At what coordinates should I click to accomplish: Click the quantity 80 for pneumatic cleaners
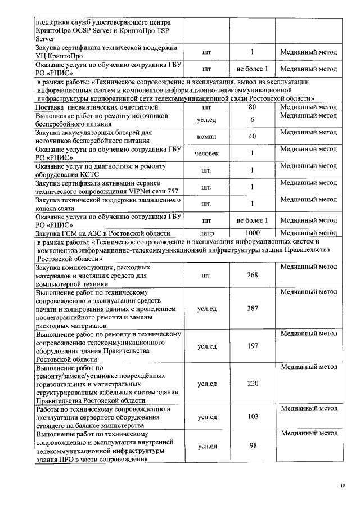coord(253,107)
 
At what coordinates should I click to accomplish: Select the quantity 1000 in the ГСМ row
coord(253,233)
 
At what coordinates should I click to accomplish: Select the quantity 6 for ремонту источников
coord(253,120)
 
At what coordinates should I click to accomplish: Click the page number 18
coord(344,485)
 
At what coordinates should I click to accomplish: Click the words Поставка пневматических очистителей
coord(89,107)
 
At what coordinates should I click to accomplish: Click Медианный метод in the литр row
coord(309,233)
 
